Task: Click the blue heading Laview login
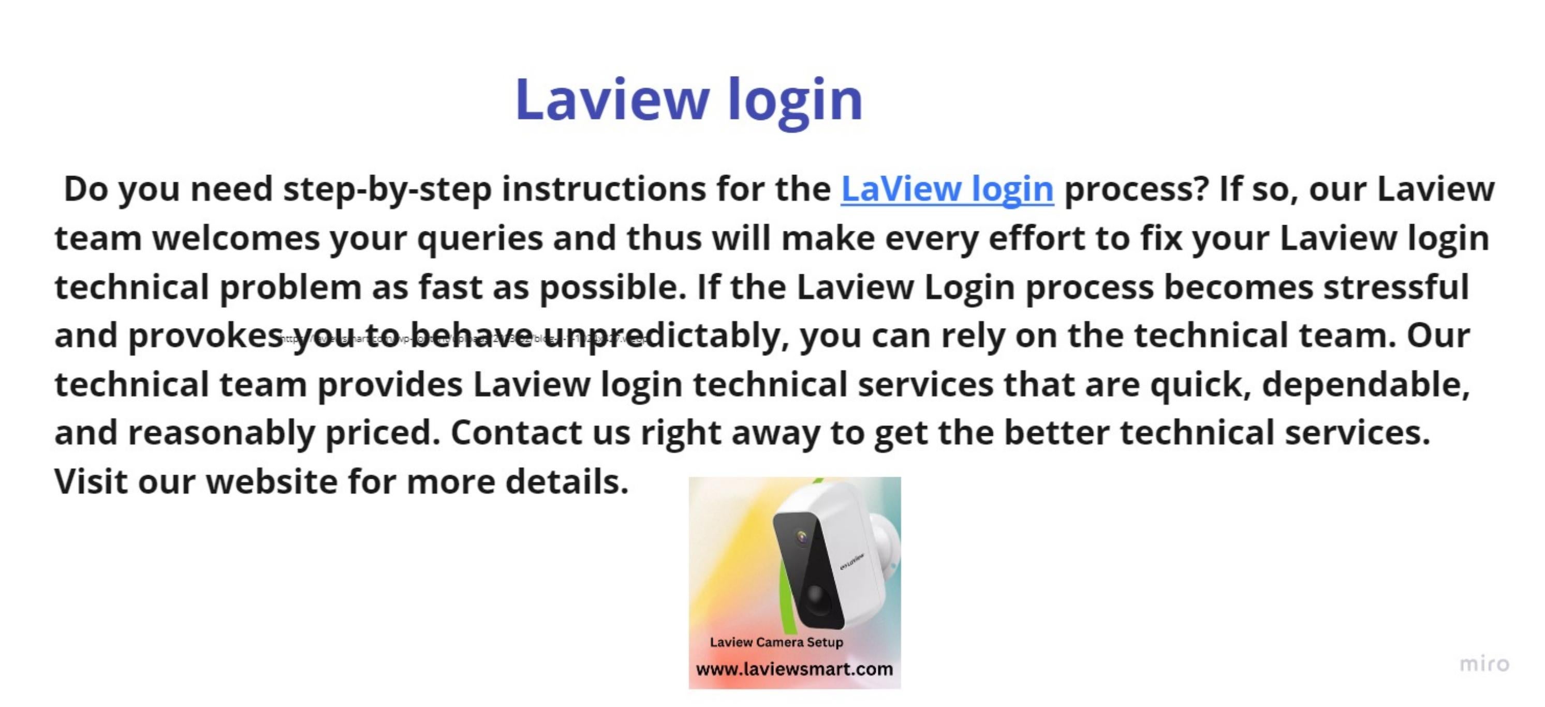point(688,99)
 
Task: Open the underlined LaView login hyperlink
point(947,189)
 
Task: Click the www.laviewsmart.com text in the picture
point(794,669)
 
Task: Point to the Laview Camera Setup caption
point(776,642)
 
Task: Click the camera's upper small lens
point(802,537)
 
